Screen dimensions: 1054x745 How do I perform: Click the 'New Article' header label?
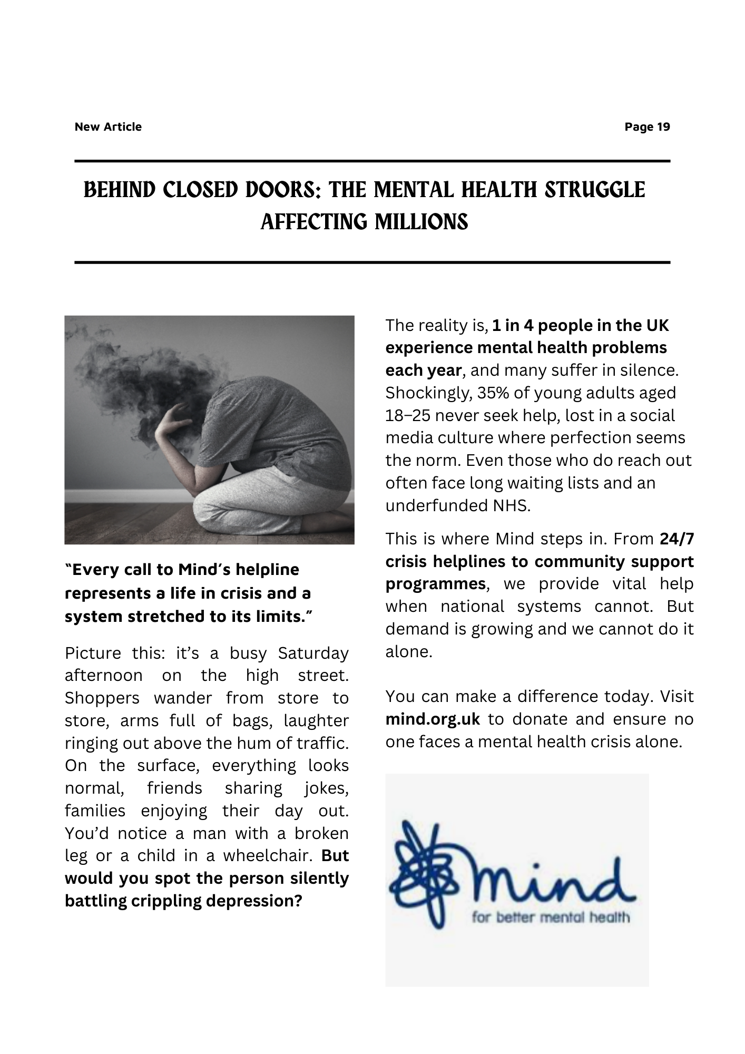108,127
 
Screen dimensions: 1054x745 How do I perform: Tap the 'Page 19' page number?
647,127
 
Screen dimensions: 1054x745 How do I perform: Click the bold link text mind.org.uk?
433,719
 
